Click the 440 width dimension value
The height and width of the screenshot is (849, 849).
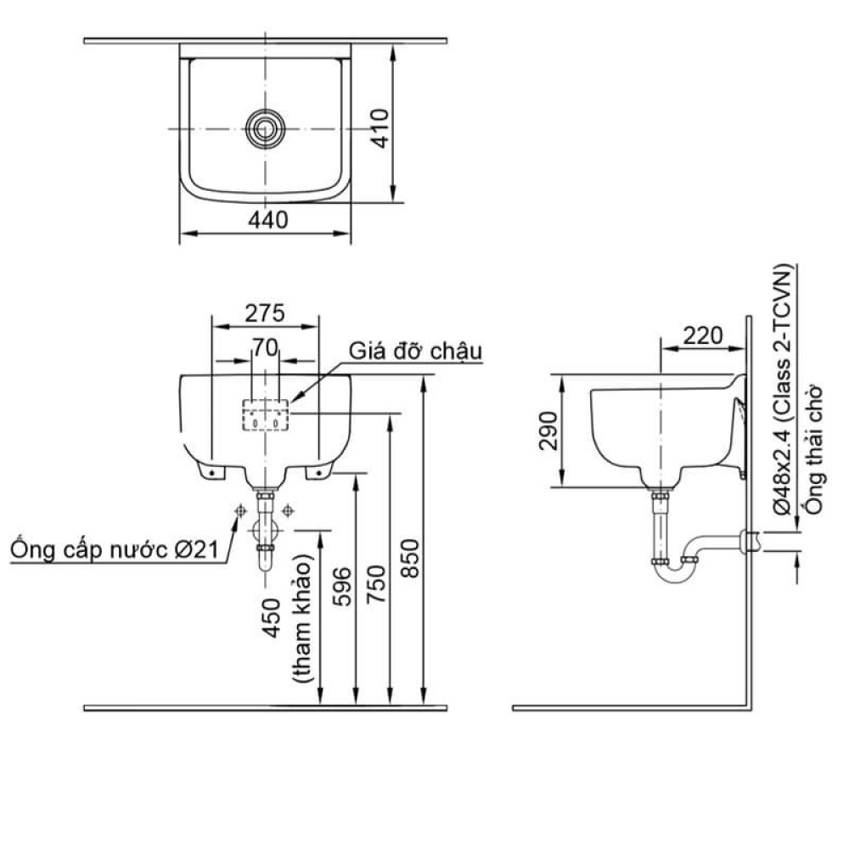[x=268, y=219]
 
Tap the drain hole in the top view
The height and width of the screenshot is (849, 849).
[x=266, y=127]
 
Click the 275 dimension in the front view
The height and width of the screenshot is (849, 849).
[x=264, y=312]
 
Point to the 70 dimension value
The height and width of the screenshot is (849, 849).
[x=266, y=346]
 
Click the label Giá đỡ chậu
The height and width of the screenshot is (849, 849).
[x=415, y=351]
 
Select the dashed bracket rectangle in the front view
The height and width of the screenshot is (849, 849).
[x=266, y=415]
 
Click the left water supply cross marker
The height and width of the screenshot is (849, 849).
[x=240, y=510]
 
